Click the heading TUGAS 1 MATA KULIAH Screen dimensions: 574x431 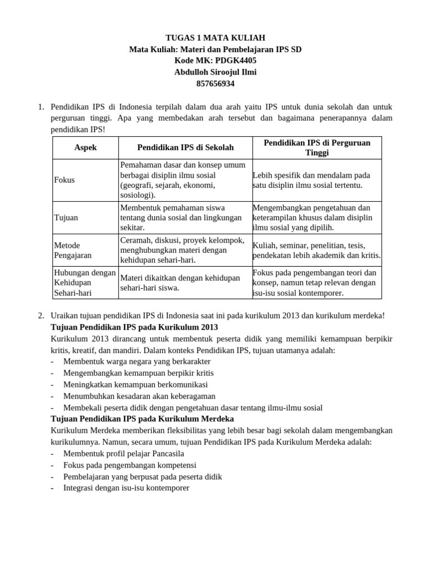[215, 38]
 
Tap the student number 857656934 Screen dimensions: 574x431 [215, 84]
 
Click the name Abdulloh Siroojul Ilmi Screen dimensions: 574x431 [215, 72]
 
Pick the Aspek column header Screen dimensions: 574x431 [85, 147]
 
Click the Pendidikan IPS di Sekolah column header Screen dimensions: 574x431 [185, 147]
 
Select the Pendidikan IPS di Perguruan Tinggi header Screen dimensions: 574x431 [317, 147]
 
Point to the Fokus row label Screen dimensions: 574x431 [65, 180]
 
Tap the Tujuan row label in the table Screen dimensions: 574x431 [66, 217]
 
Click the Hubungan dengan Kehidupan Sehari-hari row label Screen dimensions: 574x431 [84, 283]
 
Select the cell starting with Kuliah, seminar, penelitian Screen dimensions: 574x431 [317, 250]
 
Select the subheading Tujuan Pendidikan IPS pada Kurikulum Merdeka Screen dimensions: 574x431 [142, 419]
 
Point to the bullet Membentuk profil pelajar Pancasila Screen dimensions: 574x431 [123, 453]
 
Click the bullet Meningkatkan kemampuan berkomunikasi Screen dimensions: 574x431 [135, 385]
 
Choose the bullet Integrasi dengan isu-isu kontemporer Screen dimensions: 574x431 [126, 488]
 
